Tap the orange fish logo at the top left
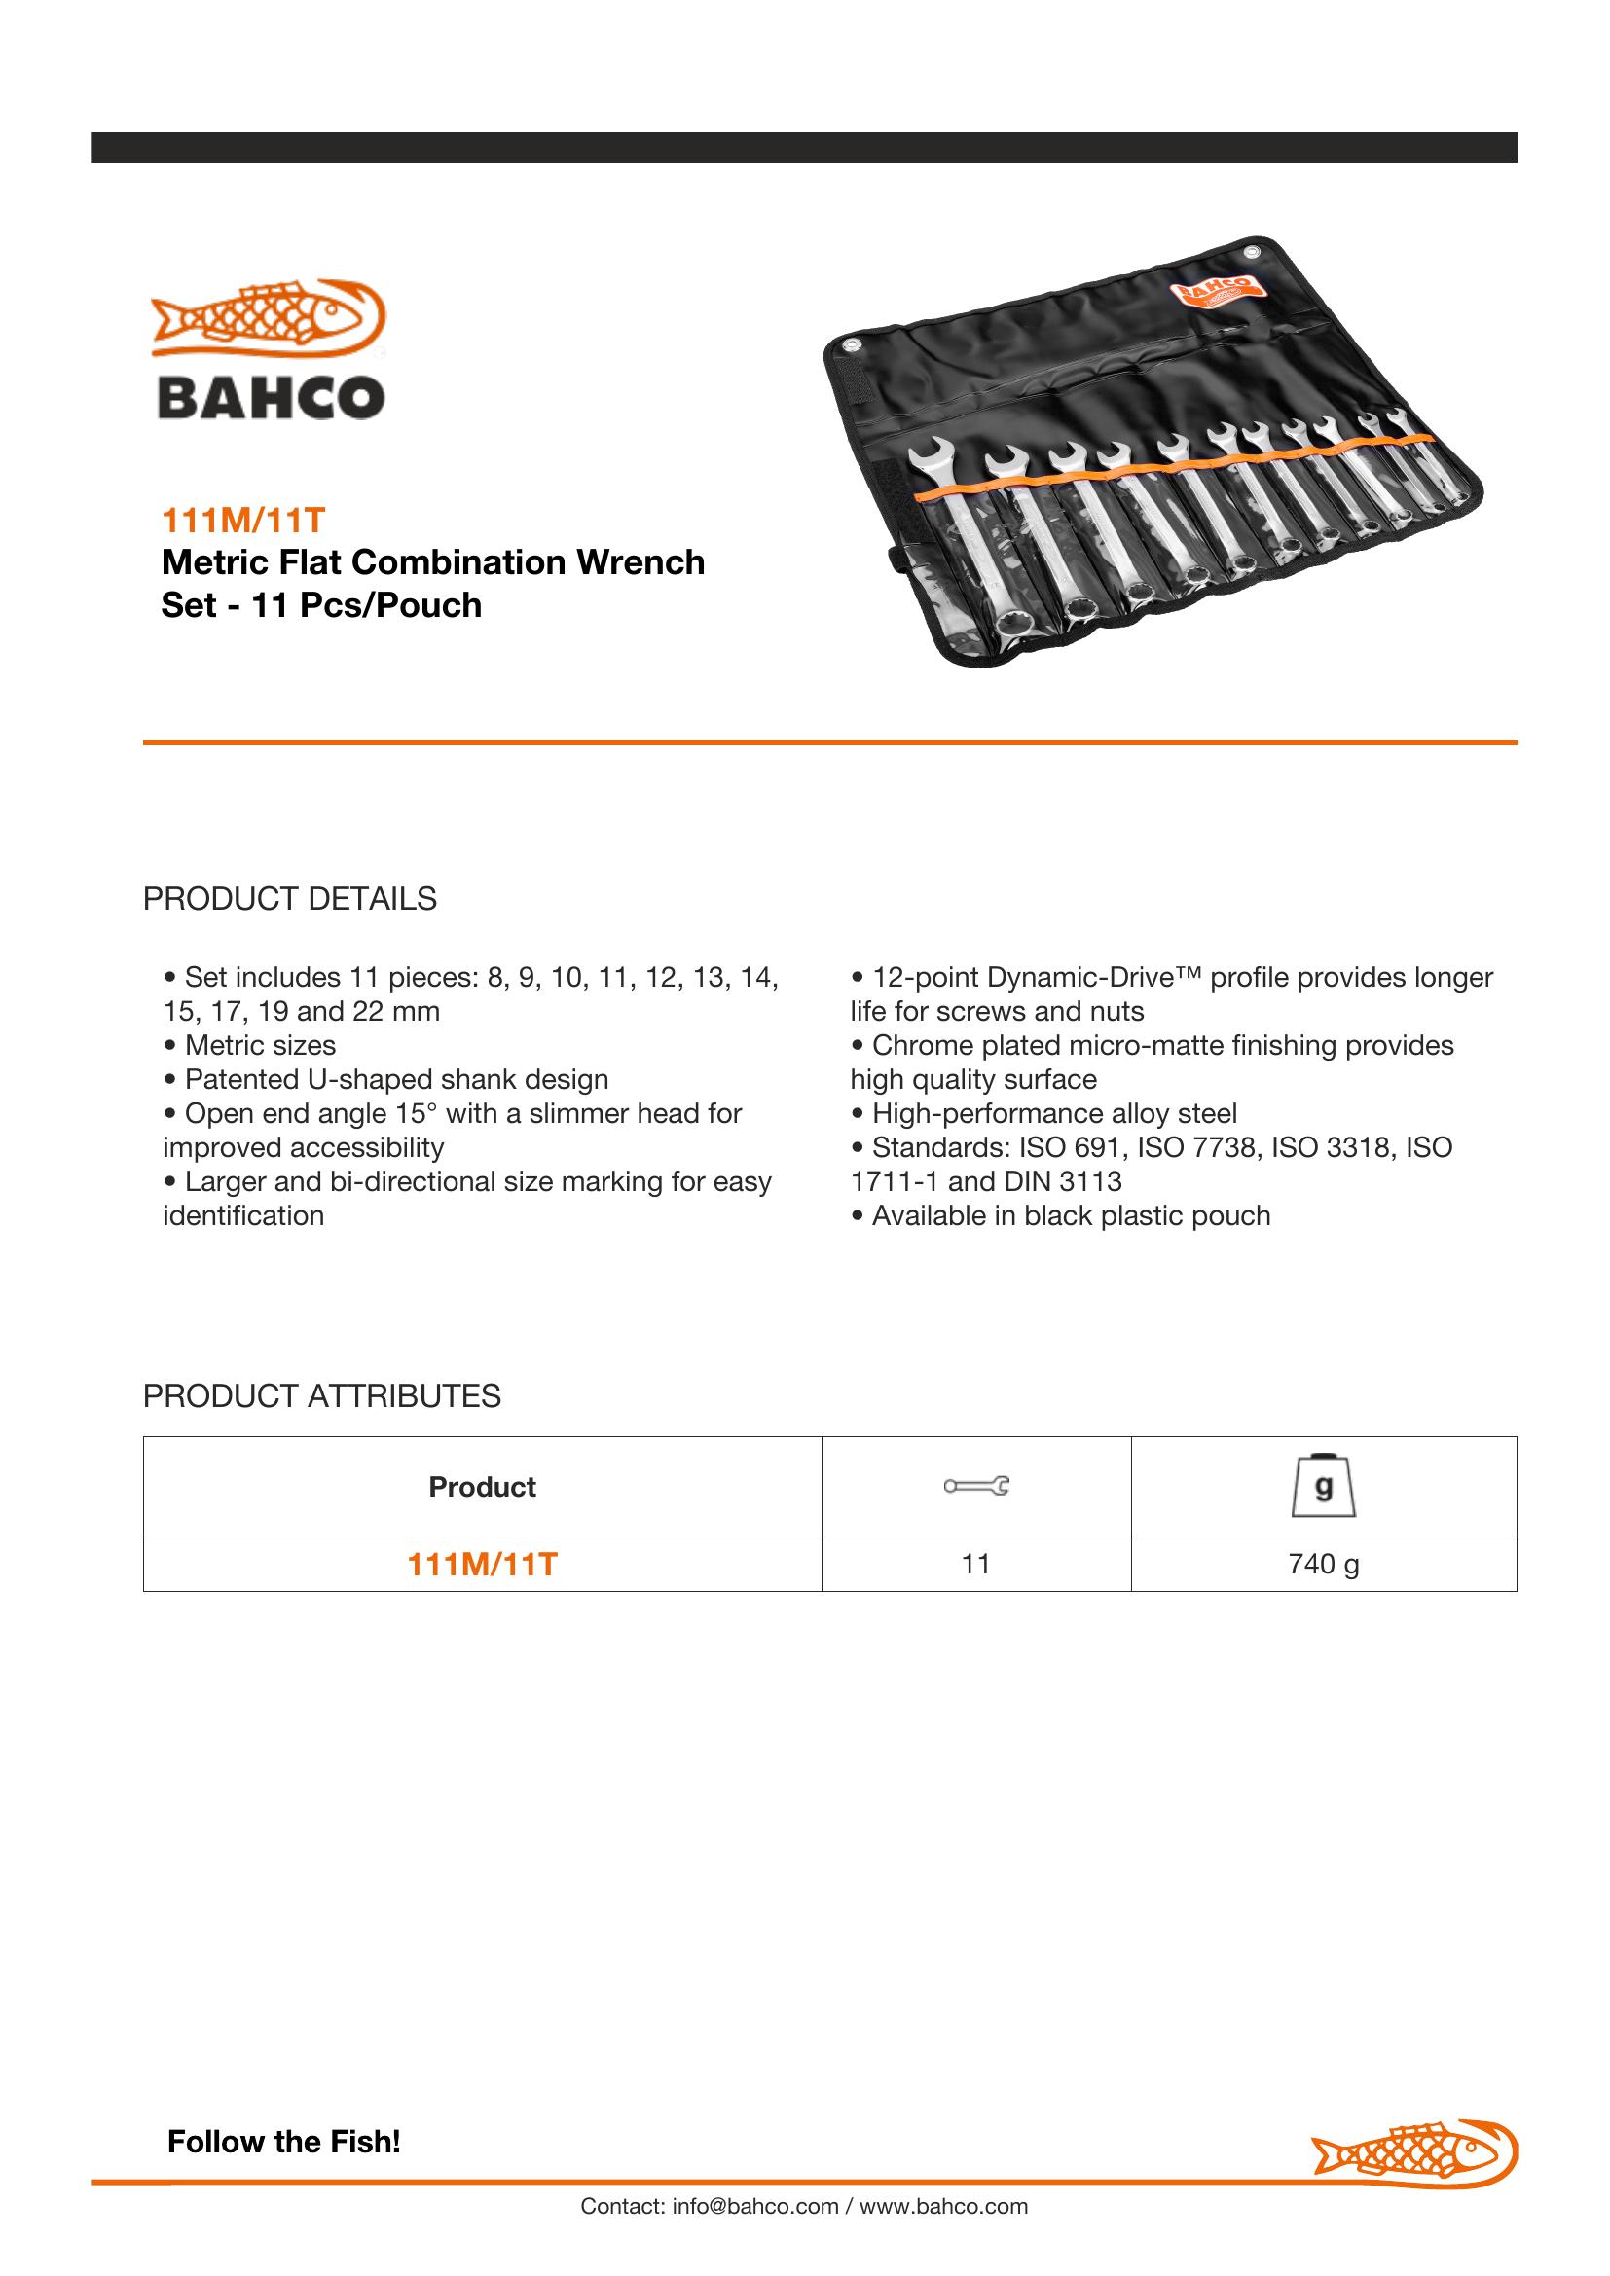tap(268, 316)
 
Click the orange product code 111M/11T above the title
tap(243, 520)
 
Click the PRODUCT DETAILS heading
tap(289, 899)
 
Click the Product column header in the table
tap(482, 1487)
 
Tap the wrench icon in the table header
tap(975, 1486)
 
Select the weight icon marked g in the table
tap(1324, 1486)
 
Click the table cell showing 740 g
tap(1324, 1565)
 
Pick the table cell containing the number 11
tap(975, 1565)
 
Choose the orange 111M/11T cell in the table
tap(482, 1566)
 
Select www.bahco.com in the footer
tap(944, 2207)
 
